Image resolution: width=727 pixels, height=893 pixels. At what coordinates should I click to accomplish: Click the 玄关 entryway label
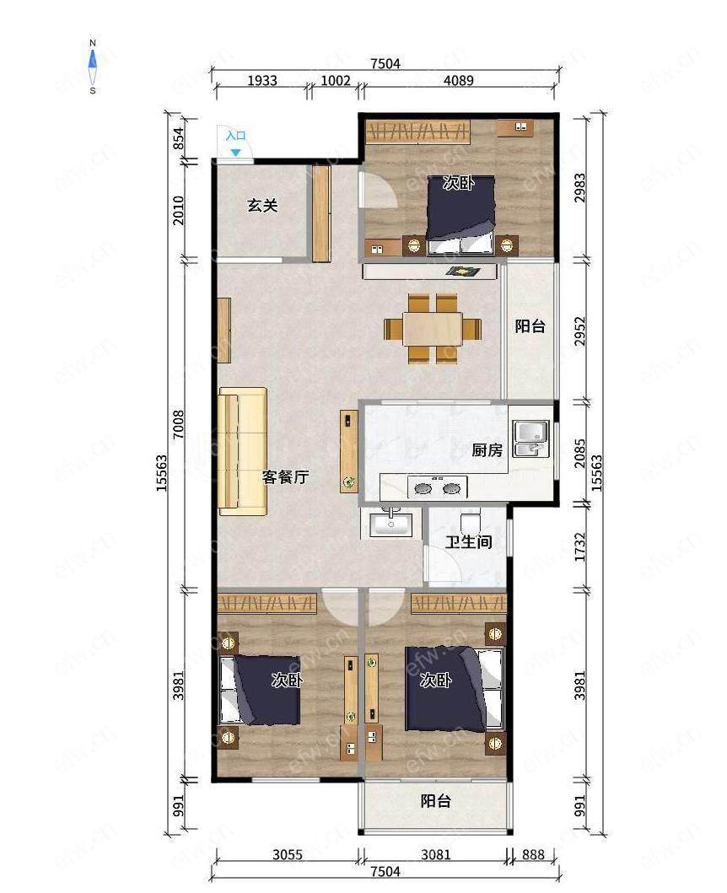click(x=262, y=205)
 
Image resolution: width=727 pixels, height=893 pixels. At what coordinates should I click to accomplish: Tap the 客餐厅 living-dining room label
click(x=285, y=476)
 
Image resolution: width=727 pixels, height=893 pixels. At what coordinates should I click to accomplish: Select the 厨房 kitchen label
click(x=487, y=450)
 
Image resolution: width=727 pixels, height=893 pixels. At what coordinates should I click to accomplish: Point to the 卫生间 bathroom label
click(x=468, y=541)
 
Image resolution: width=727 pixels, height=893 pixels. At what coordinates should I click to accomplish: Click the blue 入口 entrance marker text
click(x=236, y=136)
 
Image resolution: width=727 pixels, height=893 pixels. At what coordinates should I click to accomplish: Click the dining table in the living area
click(x=433, y=328)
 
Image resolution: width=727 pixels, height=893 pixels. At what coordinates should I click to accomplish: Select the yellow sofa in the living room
click(x=243, y=451)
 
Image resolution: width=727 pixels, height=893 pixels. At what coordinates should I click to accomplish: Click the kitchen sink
click(x=531, y=439)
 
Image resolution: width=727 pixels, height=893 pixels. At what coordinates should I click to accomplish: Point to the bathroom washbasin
click(x=391, y=525)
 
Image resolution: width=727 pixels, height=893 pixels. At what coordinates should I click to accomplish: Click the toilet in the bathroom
click(x=471, y=522)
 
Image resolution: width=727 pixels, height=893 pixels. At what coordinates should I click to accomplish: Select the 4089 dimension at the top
click(x=459, y=80)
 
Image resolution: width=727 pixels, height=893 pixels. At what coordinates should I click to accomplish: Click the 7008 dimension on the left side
click(x=179, y=424)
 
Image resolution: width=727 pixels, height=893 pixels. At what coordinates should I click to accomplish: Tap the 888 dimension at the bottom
click(x=533, y=854)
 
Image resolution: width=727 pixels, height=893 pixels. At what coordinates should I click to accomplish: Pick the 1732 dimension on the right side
click(x=580, y=547)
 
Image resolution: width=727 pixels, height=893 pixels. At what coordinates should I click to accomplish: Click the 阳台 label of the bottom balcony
click(x=436, y=801)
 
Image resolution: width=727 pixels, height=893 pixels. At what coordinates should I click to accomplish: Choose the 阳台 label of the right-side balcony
click(x=530, y=326)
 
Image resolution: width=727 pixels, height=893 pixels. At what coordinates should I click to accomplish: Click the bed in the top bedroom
click(x=460, y=215)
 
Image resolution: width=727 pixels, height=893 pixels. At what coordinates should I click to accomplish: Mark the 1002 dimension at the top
click(x=336, y=80)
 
